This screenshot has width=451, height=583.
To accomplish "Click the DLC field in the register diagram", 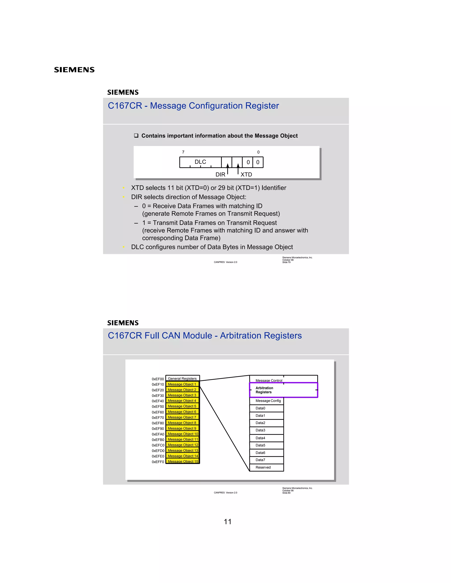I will coord(200,162).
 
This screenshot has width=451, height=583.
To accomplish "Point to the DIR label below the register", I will coord(220,175).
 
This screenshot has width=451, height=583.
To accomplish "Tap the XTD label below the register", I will coord(246,175).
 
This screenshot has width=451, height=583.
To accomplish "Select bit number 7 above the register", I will coord(183,152).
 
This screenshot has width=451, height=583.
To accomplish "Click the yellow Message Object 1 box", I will coord(182,384).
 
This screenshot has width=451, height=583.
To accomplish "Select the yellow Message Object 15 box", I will coord(183,461).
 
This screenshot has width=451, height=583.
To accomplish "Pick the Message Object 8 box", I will coord(182,423).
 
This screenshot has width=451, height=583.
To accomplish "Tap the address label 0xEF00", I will coord(158,379).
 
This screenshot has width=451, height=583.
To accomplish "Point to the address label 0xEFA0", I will coord(158,434).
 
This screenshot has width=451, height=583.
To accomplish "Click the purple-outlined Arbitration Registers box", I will coord(283,390).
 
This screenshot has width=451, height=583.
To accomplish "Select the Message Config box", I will coord(268,401).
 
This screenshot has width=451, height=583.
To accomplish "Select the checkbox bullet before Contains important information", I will coord(136,136).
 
